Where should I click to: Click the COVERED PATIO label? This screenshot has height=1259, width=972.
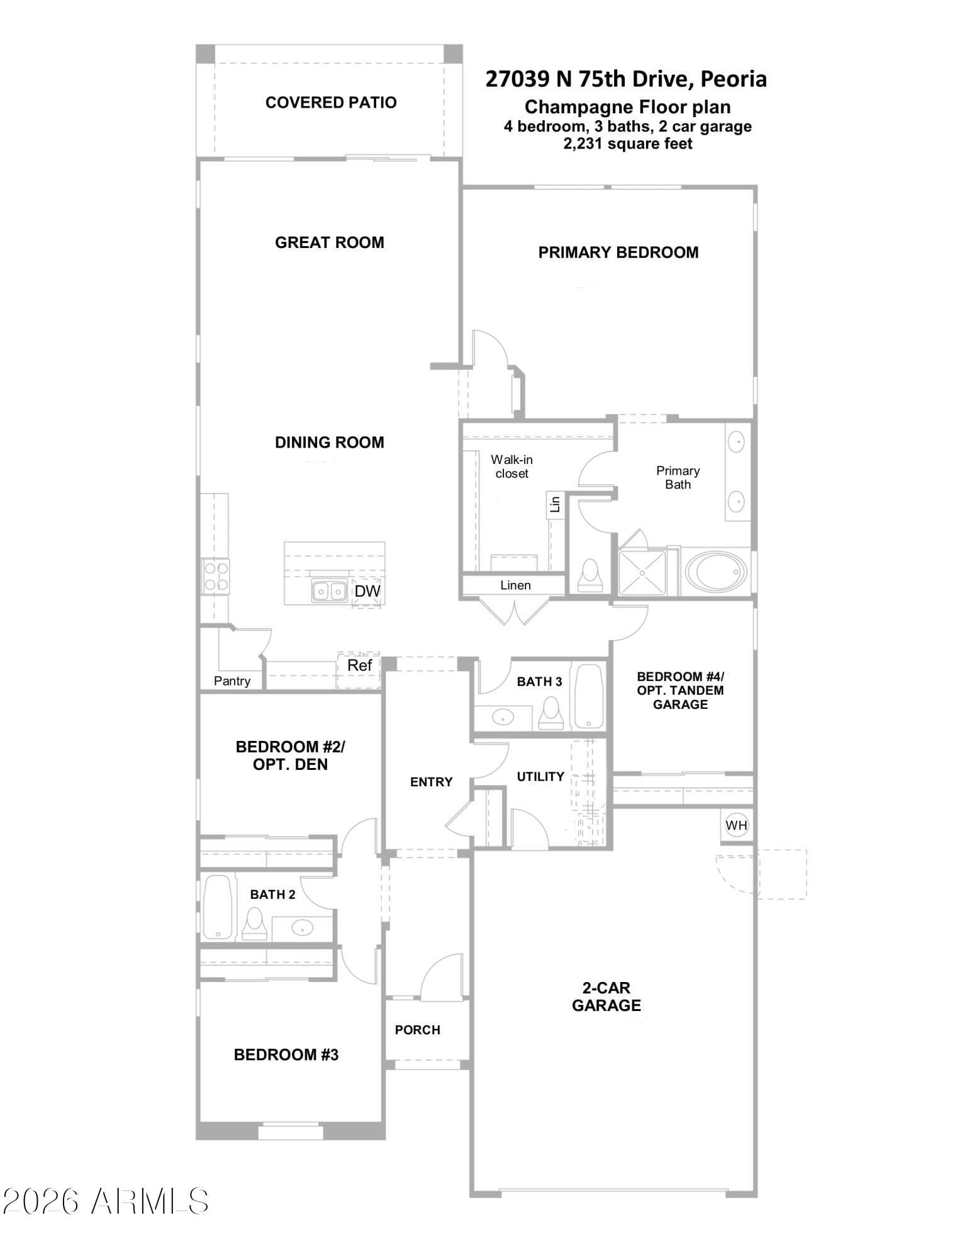[x=331, y=103]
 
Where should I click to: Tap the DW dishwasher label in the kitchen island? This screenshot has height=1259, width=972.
[x=367, y=591]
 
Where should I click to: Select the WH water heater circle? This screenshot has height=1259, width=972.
[x=737, y=825]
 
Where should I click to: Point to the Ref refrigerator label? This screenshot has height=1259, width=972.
[x=360, y=665]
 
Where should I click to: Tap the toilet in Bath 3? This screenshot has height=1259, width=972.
[x=551, y=713]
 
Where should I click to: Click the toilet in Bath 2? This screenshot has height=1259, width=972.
[x=254, y=923]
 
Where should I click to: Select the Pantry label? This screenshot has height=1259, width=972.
[x=232, y=680]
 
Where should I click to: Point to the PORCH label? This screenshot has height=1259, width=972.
[x=418, y=1030]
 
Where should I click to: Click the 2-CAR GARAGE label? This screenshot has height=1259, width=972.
[x=606, y=996]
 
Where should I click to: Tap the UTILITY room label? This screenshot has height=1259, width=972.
[x=540, y=777]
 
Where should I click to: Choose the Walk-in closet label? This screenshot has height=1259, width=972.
[x=511, y=466]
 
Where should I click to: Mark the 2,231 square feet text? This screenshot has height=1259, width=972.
[x=628, y=144]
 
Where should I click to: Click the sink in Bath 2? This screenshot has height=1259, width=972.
[x=303, y=927]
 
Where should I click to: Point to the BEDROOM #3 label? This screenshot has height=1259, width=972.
[x=286, y=1054]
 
